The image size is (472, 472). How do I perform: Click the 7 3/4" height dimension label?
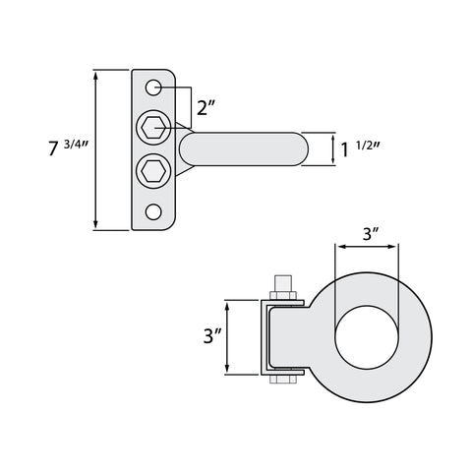(69, 147)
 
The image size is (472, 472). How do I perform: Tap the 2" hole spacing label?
(206, 107)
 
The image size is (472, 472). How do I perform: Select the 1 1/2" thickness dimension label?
(360, 149)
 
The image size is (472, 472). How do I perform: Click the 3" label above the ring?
(371, 234)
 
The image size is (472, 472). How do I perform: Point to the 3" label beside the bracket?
(212, 336)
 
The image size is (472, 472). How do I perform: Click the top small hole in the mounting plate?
(153, 88)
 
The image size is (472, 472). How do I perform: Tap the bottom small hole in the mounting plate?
(153, 211)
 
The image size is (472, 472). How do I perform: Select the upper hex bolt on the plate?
(153, 127)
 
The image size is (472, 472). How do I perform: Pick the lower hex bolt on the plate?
(153, 171)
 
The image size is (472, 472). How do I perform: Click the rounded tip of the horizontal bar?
(302, 149)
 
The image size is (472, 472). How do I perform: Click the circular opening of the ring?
(367, 337)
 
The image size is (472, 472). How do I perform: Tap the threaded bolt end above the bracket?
(283, 283)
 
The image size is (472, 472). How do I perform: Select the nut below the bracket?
(283, 380)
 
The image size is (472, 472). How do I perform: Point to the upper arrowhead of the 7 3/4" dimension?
(95, 76)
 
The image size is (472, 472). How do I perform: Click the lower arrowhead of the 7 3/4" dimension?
(95, 224)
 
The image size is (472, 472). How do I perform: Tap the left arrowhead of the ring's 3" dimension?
(339, 247)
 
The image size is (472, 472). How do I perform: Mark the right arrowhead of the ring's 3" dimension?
(394, 247)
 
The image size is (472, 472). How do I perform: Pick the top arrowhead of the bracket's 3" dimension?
(227, 307)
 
